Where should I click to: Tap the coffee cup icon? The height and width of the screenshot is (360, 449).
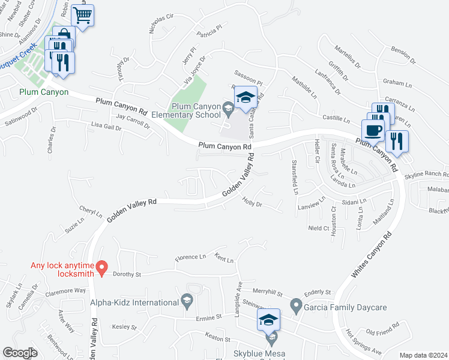click(x=373, y=130)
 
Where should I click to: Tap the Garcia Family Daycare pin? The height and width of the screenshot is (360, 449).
click(x=295, y=307)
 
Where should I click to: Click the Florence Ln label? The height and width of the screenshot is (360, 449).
click(x=190, y=258)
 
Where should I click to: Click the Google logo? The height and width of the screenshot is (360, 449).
click(x=20, y=353)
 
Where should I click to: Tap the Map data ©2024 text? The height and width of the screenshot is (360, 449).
click(x=423, y=355)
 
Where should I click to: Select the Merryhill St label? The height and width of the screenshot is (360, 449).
click(x=268, y=292)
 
